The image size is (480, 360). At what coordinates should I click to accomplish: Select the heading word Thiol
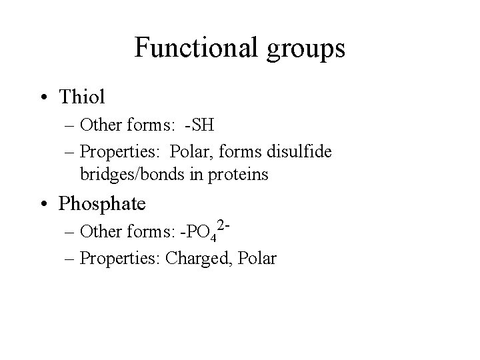tap(83, 97)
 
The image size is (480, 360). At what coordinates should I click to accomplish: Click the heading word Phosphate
tap(102, 203)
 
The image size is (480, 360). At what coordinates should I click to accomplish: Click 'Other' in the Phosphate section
tap(100, 233)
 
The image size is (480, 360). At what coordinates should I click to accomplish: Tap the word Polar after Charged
tap(256, 258)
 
